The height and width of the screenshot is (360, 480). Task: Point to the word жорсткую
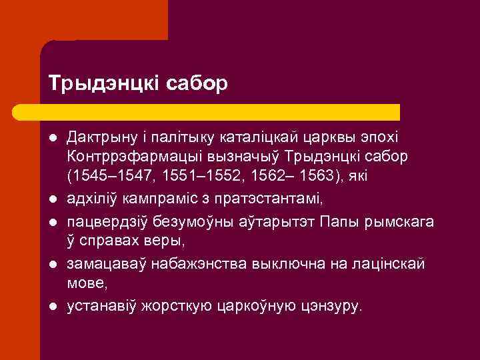click(170, 306)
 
